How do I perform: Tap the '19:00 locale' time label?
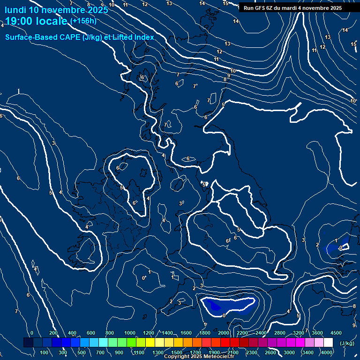37,21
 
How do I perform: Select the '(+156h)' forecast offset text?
83,21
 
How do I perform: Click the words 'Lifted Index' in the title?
132,37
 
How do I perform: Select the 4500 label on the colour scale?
336,333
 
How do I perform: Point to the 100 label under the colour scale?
44,352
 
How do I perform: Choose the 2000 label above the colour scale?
224,333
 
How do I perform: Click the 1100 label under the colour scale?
138,352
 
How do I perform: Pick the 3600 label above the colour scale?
317,333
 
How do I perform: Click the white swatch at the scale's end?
328,343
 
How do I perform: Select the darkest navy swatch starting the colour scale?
28,343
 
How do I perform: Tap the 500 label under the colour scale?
82,352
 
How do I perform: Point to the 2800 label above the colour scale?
280,333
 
